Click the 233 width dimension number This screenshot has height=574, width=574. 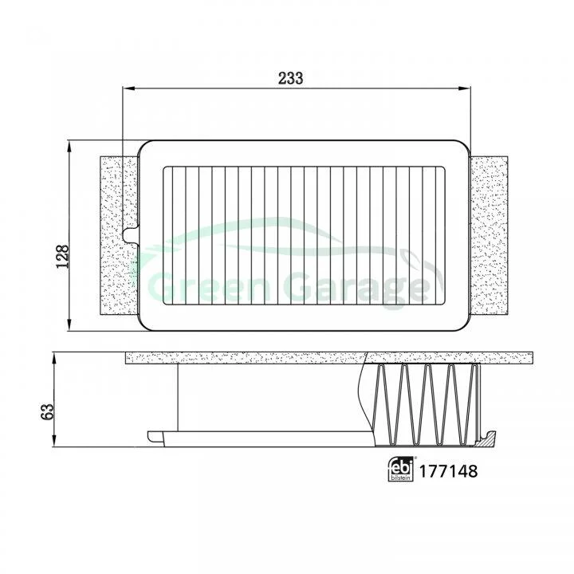point(291,78)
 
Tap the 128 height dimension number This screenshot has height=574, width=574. point(63,256)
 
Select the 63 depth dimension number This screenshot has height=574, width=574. point(48,411)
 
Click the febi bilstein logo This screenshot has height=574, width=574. point(400,469)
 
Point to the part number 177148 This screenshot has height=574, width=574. point(448,471)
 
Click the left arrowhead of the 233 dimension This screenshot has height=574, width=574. point(129,88)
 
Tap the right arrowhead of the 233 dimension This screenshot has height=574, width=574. point(465,88)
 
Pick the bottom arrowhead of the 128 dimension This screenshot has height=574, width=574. point(69,324)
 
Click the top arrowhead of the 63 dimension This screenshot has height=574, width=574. point(54,359)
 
